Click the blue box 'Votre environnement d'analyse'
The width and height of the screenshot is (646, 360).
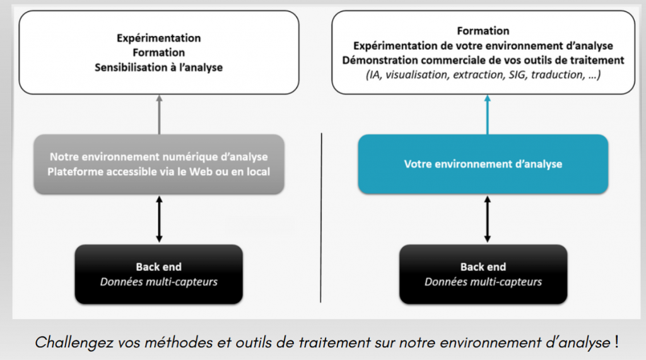click(483, 164)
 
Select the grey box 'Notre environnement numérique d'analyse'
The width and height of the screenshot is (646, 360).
click(158, 164)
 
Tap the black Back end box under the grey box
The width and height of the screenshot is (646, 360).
click(158, 274)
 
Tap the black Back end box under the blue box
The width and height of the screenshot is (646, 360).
click(483, 274)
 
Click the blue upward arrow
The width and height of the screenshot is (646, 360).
click(488, 115)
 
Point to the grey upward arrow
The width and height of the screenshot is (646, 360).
click(159, 115)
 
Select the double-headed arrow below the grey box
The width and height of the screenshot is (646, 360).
click(159, 219)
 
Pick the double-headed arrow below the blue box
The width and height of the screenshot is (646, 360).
click(488, 219)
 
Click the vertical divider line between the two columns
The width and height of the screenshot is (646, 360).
click(321, 218)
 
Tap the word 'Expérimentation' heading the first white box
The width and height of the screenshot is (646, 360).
click(158, 38)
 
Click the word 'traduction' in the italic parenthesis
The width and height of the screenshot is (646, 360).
click(557, 74)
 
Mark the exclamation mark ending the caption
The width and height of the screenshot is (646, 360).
click(616, 342)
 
